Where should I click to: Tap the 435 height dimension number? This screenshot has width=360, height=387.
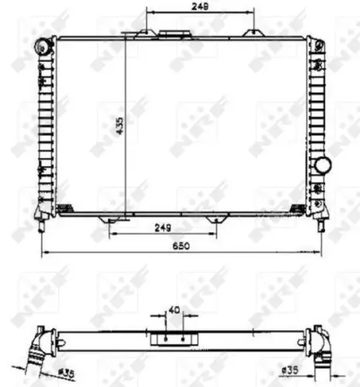click(x=119, y=125)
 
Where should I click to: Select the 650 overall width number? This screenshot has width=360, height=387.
click(x=180, y=246)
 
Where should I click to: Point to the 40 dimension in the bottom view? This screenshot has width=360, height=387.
click(x=174, y=311)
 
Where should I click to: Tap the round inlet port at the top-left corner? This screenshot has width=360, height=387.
click(x=40, y=47)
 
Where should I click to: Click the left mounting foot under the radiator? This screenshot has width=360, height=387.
click(x=108, y=219)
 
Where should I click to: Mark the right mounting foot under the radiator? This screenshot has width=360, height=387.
click(x=216, y=219)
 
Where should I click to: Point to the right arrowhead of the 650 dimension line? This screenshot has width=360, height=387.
click(x=321, y=253)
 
